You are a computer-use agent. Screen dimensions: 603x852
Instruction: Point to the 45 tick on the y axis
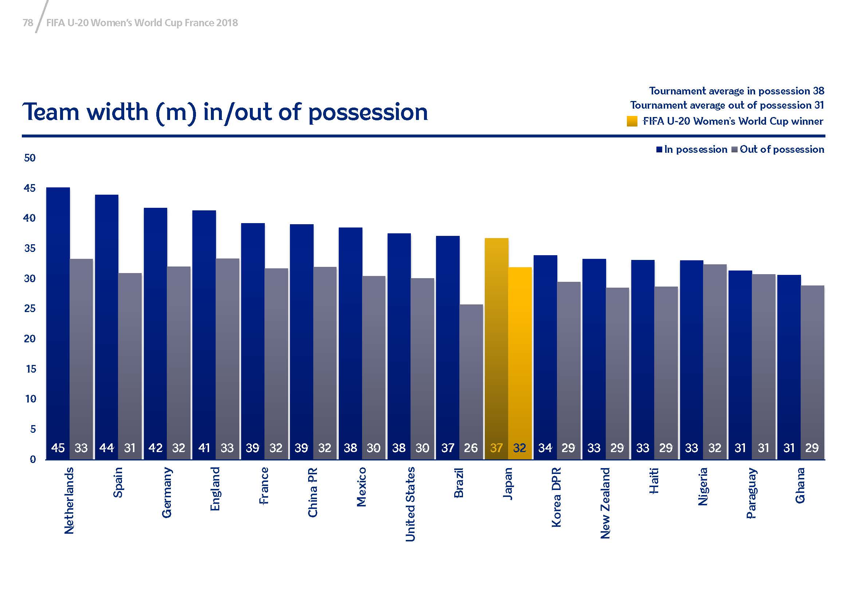pyautogui.click(x=30, y=188)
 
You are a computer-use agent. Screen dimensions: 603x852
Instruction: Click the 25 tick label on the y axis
pyautogui.click(x=30, y=308)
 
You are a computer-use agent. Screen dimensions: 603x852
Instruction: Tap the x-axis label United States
pyautogui.click(x=410, y=504)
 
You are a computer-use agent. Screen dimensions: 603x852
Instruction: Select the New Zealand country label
pyautogui.click(x=605, y=503)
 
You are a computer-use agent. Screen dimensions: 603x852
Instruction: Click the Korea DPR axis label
pyautogui.click(x=556, y=497)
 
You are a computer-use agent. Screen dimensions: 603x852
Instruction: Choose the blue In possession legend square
pyautogui.click(x=659, y=149)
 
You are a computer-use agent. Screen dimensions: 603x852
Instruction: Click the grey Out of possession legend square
pyautogui.click(x=734, y=149)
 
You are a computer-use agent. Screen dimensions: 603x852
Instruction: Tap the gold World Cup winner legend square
pyautogui.click(x=632, y=121)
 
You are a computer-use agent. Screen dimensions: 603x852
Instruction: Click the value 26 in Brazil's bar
pyautogui.click(x=471, y=448)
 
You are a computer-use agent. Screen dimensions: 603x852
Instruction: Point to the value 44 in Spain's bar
pyautogui.click(x=106, y=448)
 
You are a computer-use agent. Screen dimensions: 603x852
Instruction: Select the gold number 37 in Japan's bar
pyautogui.click(x=496, y=448)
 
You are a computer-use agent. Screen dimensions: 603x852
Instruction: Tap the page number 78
pyautogui.click(x=28, y=23)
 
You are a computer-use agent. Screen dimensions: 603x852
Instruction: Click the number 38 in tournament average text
pyautogui.click(x=818, y=91)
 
